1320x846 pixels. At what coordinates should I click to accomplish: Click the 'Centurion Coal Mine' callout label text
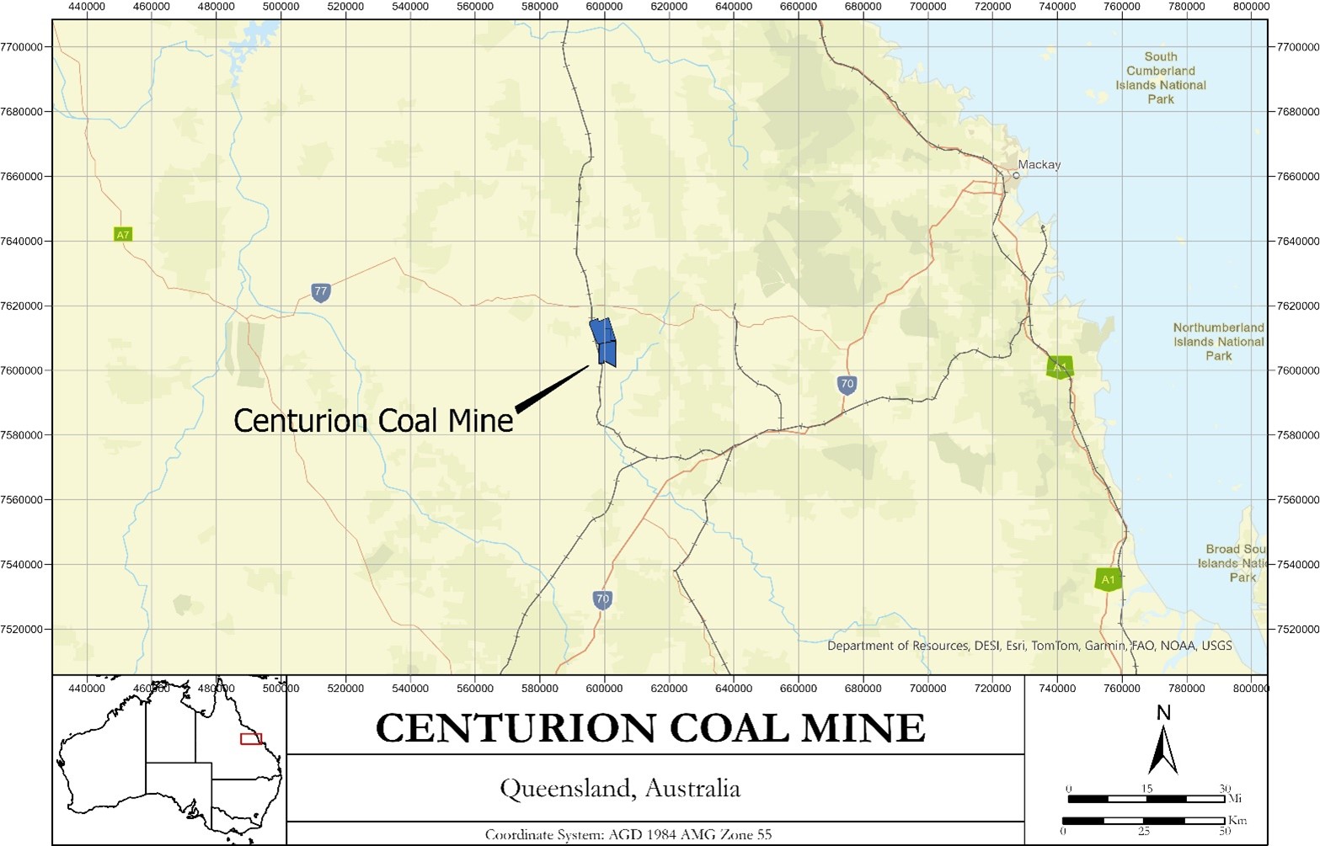[373, 421]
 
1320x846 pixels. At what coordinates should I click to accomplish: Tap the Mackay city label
[1039, 165]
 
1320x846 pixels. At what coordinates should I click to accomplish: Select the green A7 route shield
[123, 235]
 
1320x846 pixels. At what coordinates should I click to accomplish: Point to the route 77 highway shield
[320, 292]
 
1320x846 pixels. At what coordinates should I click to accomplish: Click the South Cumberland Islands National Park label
[1161, 77]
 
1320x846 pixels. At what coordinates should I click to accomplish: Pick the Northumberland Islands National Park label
[1218, 342]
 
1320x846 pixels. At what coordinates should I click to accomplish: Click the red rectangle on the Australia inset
[251, 739]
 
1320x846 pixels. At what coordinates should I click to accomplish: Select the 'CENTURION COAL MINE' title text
[650, 728]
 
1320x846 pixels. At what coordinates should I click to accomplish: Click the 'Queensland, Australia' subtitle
[620, 789]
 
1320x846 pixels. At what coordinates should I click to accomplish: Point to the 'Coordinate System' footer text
[628, 835]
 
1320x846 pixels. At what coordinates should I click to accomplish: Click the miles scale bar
[1146, 798]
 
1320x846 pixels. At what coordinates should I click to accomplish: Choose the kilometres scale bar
[1143, 820]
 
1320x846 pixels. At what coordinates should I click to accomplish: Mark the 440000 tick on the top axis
[87, 7]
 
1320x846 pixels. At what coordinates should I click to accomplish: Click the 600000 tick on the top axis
[605, 7]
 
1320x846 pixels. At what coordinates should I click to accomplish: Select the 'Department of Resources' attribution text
[1029, 646]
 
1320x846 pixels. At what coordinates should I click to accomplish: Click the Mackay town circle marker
[1016, 176]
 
